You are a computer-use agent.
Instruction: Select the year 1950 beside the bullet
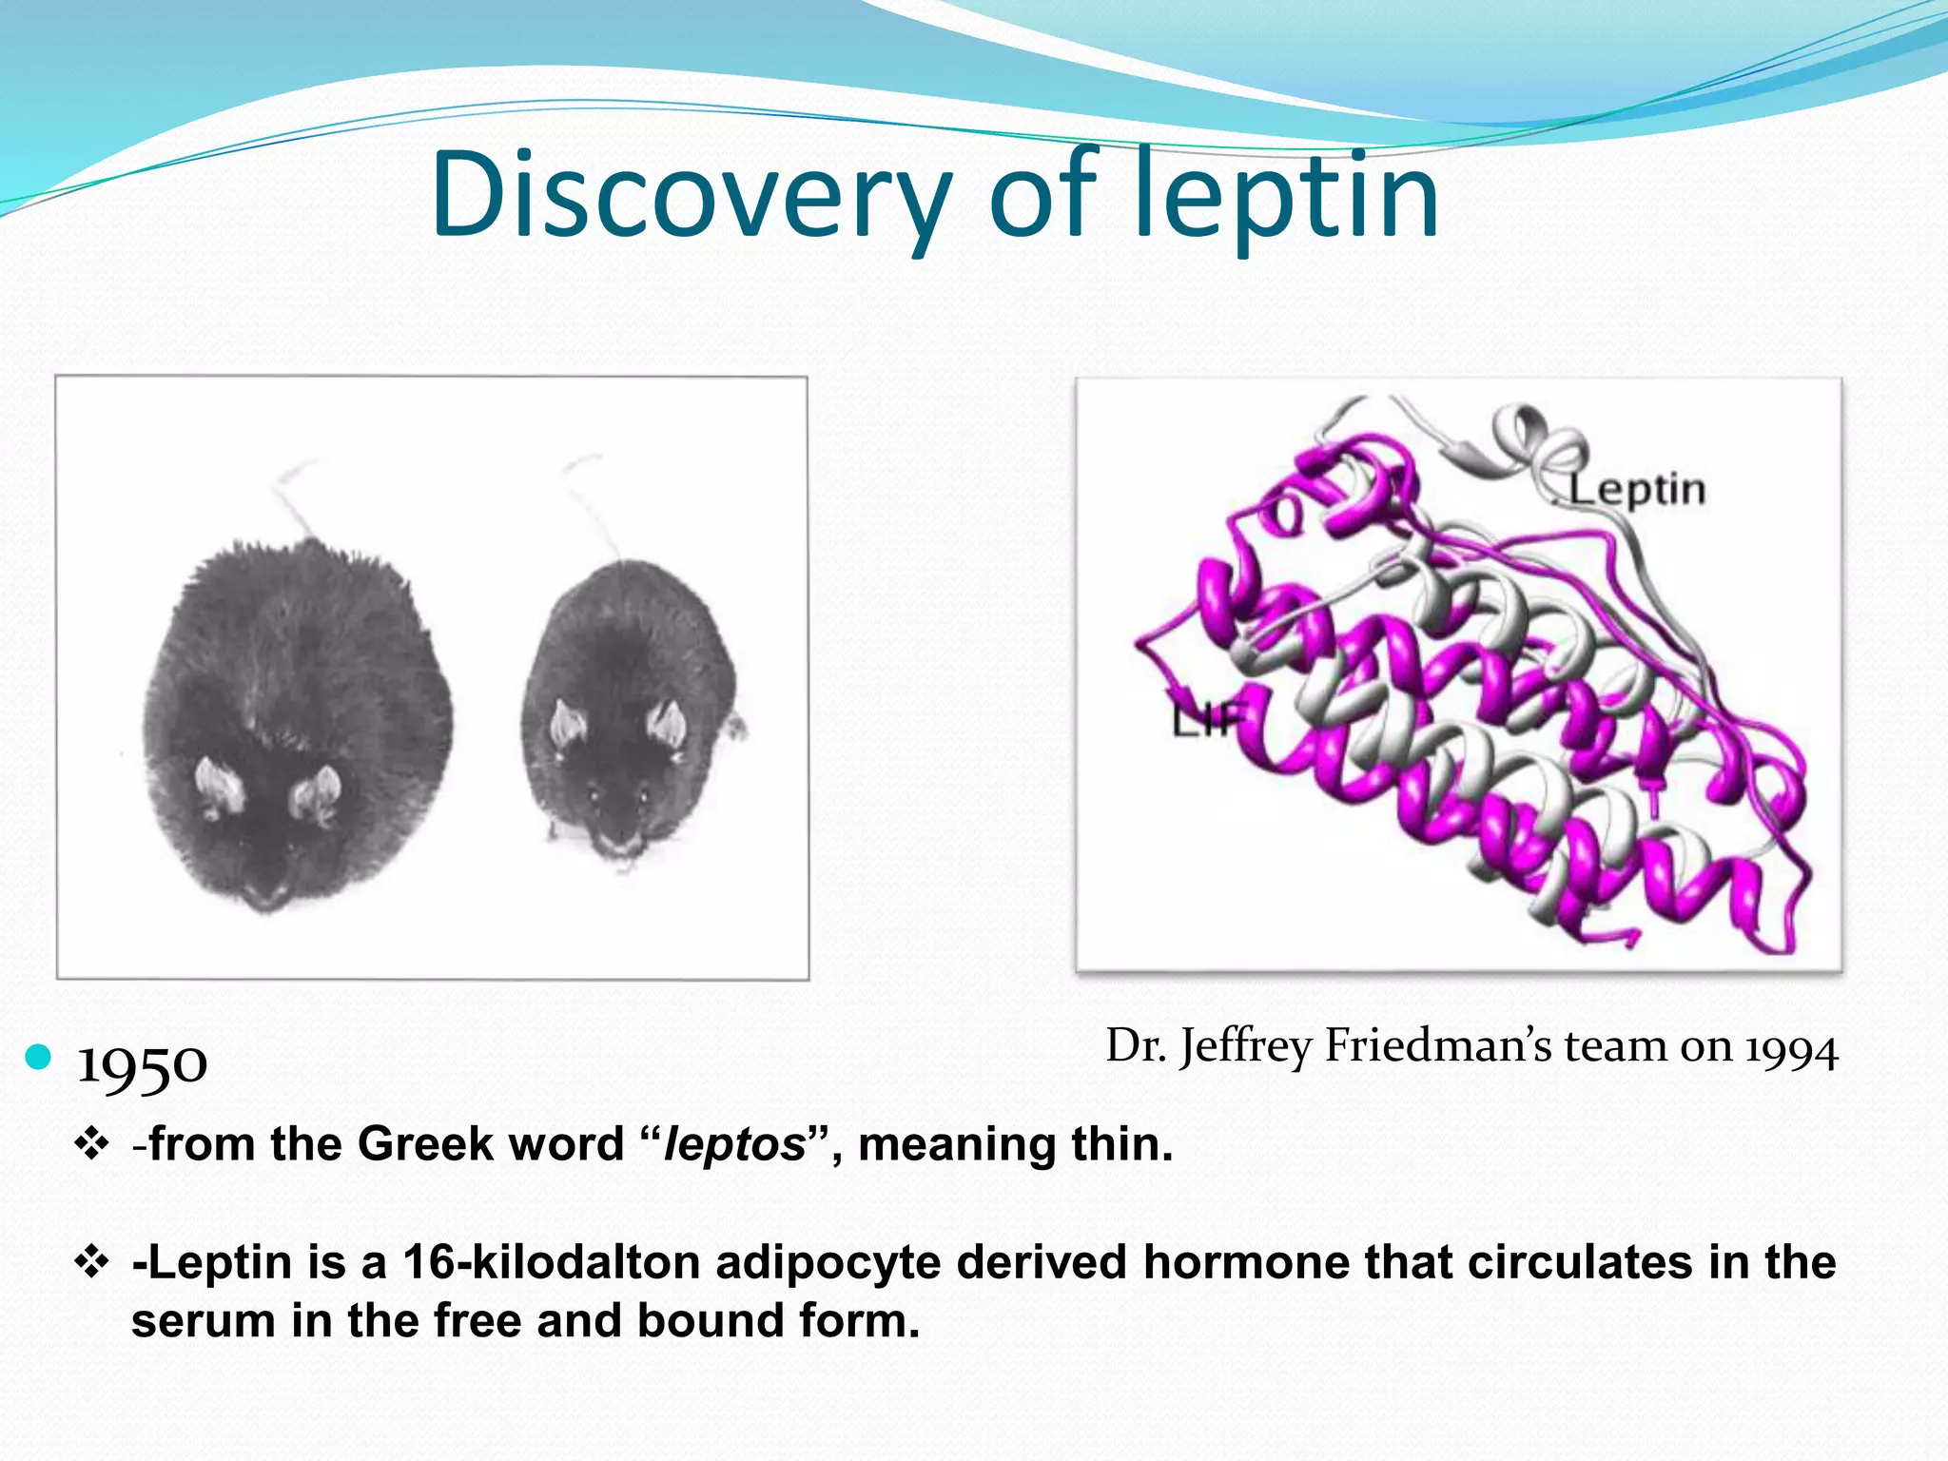142,1064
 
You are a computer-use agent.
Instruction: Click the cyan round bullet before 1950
38,1057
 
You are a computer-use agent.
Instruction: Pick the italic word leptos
734,1144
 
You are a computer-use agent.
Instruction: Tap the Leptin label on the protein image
1636,490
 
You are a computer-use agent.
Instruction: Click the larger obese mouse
295,723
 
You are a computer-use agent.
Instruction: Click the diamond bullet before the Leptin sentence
91,1263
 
